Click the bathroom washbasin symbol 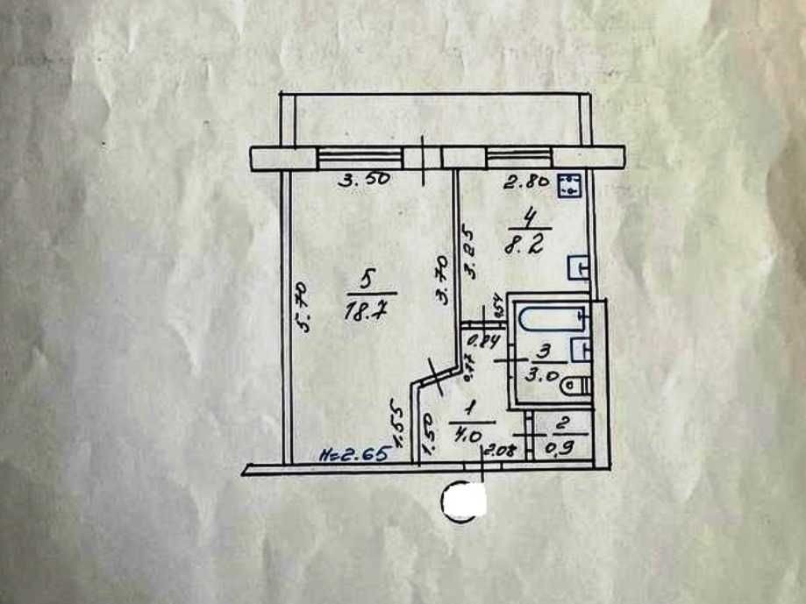(579, 349)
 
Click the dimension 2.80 (525, 183)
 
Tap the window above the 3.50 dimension (360, 158)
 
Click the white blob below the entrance (465, 501)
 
